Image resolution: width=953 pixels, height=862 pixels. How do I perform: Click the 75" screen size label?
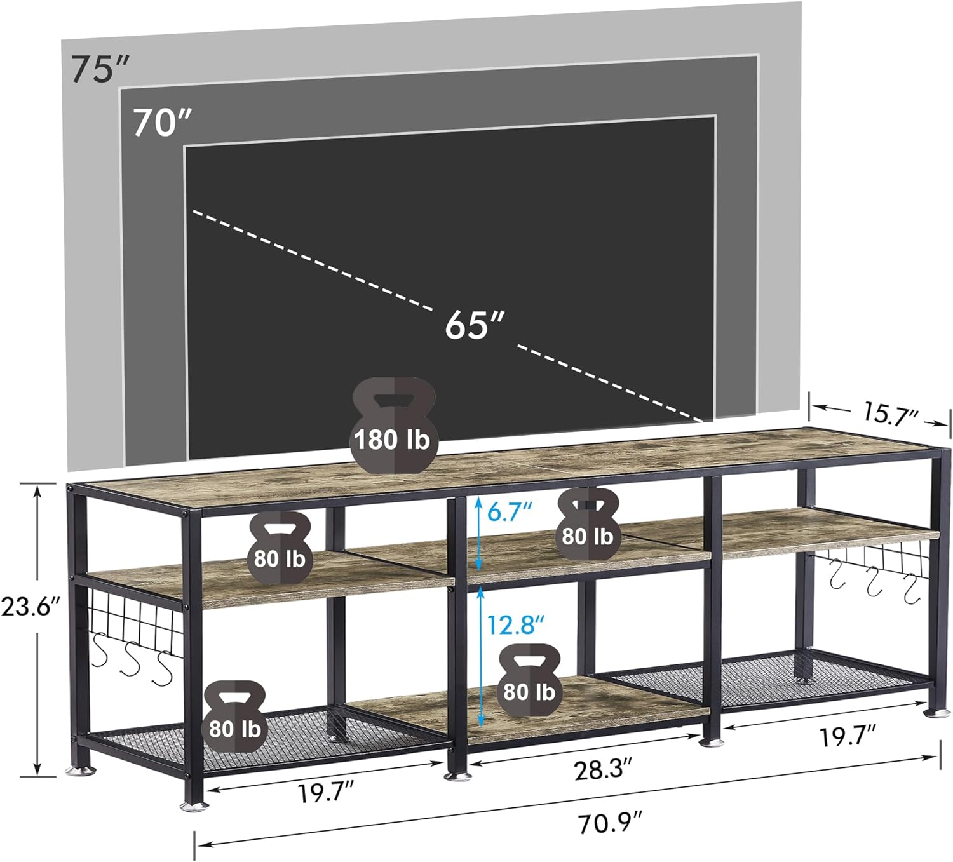(100, 69)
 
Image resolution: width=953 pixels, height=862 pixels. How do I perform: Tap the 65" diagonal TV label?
(474, 325)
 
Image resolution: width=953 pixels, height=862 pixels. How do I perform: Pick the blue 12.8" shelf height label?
(515, 625)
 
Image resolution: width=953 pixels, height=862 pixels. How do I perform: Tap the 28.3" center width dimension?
(603, 770)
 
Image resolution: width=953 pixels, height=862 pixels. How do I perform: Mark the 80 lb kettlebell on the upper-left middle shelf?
(280, 548)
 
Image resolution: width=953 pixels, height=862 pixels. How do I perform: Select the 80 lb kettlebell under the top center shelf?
(587, 525)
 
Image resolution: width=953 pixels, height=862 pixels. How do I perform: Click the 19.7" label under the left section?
(326, 792)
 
